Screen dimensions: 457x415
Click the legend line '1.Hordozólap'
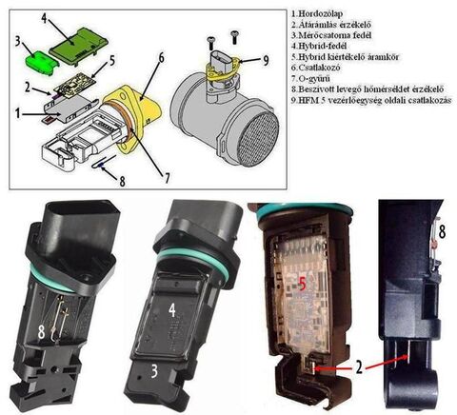click(317, 13)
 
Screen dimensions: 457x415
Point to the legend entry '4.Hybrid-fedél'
click(319, 46)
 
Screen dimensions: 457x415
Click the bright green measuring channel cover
click(41, 63)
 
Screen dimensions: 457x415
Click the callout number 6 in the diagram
click(162, 58)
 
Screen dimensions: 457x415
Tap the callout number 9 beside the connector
click(266, 60)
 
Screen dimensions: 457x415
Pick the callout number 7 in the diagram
click(167, 178)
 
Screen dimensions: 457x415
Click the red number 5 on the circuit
click(302, 285)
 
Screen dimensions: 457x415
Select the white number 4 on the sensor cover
click(172, 310)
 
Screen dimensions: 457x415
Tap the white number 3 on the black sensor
click(154, 371)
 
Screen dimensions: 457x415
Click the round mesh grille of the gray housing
click(258, 139)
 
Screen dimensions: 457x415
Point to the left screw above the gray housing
click(211, 42)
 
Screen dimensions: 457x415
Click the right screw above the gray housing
click(234, 36)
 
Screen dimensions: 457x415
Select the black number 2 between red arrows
click(359, 367)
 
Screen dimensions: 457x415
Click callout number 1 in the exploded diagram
click(18, 113)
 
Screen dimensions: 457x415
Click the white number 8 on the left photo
click(41, 332)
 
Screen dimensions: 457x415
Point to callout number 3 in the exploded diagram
click(18, 41)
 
